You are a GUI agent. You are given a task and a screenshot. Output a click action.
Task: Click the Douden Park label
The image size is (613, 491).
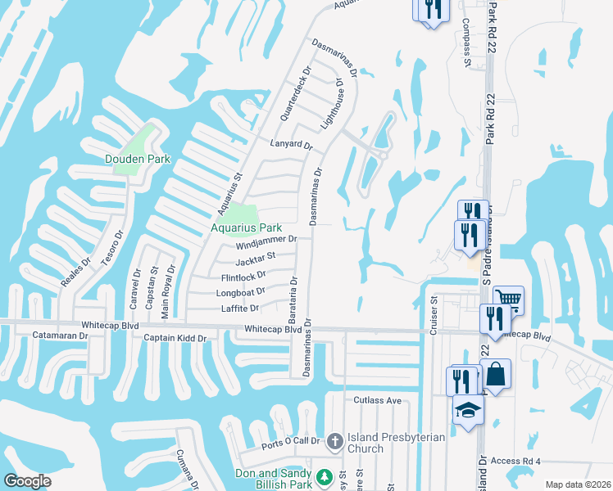(x=138, y=159)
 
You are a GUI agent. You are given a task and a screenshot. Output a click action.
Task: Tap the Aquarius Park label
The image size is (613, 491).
(x=247, y=227)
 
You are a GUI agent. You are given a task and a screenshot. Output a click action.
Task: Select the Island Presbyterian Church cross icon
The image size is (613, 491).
(x=334, y=442)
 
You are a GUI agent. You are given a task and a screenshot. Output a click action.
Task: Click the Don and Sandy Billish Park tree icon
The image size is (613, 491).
(x=324, y=475)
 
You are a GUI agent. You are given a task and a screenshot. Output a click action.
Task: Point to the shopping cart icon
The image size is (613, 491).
(x=509, y=300)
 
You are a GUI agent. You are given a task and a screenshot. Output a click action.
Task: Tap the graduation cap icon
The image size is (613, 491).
(x=468, y=409)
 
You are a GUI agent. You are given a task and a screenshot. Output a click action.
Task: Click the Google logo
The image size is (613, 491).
(x=27, y=480)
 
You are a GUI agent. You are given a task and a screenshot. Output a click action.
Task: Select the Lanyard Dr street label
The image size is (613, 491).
(x=292, y=145)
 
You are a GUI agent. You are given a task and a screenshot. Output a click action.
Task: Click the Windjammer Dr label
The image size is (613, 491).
(x=265, y=241)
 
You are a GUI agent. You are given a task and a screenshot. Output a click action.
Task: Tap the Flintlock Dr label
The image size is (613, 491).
(x=244, y=277)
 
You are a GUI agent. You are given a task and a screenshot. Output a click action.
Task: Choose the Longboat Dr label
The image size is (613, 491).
(x=240, y=292)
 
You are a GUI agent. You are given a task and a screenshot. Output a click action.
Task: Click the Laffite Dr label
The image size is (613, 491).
(x=240, y=309)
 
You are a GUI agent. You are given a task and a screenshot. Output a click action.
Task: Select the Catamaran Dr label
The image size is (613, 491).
(x=60, y=336)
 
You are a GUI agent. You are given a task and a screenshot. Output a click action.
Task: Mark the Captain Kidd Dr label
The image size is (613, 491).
(x=175, y=337)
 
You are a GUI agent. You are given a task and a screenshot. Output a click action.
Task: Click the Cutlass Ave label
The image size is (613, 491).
(x=378, y=400)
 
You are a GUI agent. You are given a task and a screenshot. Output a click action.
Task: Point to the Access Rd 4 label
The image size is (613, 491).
(x=517, y=461)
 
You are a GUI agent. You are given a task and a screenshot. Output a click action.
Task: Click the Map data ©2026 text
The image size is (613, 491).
(x=577, y=484)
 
